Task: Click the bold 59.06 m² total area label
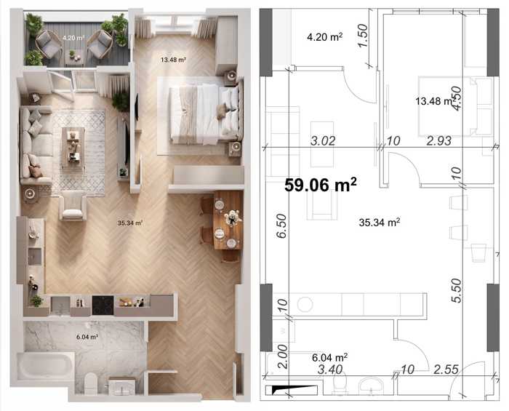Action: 321,185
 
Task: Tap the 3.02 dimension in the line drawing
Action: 323,141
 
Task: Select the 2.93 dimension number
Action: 439,141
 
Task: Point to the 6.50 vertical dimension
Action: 282,226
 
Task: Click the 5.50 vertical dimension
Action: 457,290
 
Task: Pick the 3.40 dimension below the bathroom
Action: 330,370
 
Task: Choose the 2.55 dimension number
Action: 446,370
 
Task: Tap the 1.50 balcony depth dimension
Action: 364,36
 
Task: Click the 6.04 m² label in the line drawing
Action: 330,357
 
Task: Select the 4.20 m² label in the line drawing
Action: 324,37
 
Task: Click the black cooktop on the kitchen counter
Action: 103,306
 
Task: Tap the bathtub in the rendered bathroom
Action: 46,366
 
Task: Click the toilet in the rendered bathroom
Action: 91,383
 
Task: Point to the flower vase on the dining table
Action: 232,217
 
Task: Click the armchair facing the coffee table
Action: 73,206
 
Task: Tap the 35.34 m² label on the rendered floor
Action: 130,223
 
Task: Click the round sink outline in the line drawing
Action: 305,305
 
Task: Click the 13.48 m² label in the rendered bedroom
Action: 173,60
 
